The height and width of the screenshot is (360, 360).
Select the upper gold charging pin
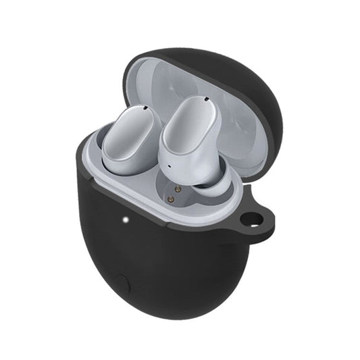point(178,190)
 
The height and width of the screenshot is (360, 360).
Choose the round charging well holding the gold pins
point(177,196)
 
